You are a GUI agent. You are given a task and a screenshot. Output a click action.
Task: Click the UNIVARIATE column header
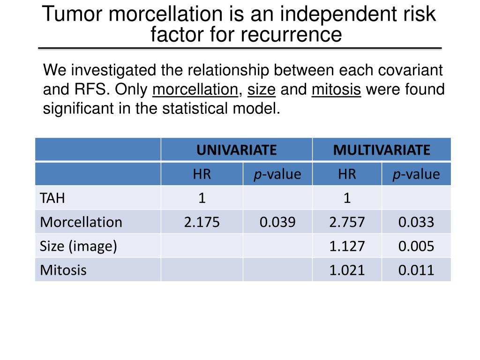click(x=236, y=150)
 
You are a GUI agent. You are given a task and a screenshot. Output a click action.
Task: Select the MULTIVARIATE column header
click(x=381, y=150)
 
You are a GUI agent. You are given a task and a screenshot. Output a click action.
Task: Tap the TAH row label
click(x=52, y=198)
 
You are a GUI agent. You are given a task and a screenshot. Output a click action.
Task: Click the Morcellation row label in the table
click(x=81, y=222)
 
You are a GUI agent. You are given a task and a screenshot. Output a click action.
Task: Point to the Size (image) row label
click(x=78, y=246)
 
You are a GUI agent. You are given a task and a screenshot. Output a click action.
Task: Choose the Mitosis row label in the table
click(x=63, y=270)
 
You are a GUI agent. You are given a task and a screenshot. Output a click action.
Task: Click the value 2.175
click(x=202, y=222)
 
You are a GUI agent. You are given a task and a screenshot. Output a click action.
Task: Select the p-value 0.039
click(x=277, y=222)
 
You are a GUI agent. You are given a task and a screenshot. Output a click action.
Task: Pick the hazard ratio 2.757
click(x=347, y=222)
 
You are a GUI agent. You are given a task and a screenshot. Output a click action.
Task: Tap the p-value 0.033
click(x=416, y=222)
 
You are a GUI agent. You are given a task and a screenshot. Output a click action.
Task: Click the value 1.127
click(x=347, y=246)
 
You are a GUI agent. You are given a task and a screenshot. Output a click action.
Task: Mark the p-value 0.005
click(x=416, y=246)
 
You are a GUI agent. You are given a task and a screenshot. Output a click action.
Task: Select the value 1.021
click(x=347, y=270)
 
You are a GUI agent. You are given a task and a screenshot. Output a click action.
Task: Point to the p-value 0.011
click(x=416, y=270)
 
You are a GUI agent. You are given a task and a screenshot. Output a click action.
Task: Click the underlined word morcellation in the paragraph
click(x=195, y=90)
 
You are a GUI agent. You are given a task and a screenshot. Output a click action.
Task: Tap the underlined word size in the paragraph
click(x=261, y=90)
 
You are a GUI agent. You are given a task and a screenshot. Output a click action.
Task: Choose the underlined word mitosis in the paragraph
click(x=336, y=90)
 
